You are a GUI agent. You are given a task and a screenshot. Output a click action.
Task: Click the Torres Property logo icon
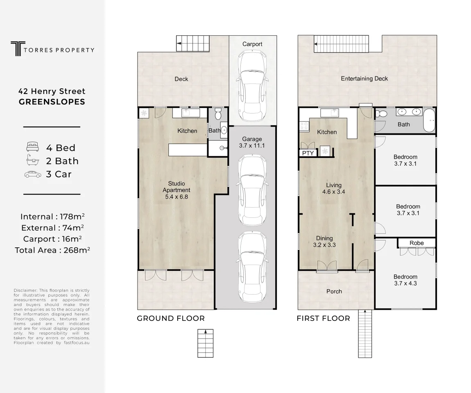tap(18, 49)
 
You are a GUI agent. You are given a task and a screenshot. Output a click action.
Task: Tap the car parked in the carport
tap(252, 85)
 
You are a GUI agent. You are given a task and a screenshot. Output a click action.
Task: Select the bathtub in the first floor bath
tap(429, 120)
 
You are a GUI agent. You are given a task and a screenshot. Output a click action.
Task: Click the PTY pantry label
tap(308, 153)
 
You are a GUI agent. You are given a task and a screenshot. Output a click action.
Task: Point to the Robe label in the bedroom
tap(417, 243)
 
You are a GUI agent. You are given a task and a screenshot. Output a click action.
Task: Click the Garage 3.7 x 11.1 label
tap(252, 142)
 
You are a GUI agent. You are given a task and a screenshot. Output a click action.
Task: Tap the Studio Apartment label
tap(177, 190)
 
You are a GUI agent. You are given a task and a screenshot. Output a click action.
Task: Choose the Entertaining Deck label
tap(365, 78)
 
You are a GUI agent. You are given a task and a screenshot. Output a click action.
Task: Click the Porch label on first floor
tap(334, 291)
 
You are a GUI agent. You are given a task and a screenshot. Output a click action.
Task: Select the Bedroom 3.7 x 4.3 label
tap(405, 280)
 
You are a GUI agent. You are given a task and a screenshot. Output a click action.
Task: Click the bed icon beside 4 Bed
tap(32, 147)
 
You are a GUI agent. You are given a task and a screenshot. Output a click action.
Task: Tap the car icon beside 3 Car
tap(33, 174)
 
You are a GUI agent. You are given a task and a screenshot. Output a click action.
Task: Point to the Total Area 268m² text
tap(52, 250)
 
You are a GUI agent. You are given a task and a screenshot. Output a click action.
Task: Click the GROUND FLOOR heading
tap(171, 318)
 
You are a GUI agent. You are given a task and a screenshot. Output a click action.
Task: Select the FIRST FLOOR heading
tap(324, 318)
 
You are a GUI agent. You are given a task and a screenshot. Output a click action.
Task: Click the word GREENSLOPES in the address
tap(52, 102)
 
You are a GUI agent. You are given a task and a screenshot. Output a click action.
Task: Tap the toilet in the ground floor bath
tap(218, 114)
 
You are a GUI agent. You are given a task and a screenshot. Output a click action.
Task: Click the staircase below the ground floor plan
tap(206, 343)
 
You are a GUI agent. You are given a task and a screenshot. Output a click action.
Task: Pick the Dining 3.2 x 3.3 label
tap(324, 242)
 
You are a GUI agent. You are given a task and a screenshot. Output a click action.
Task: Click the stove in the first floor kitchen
tap(303, 126)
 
